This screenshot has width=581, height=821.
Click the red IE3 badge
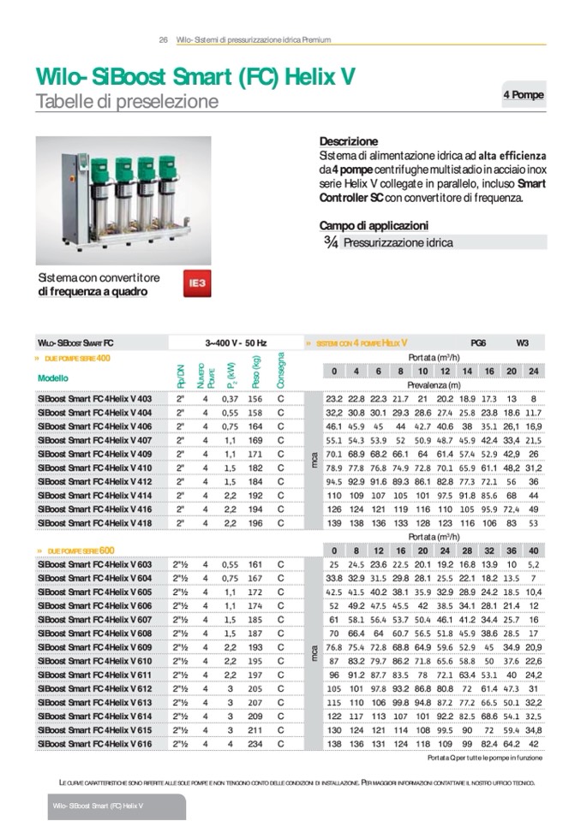[x=197, y=282]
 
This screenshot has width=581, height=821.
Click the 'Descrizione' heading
[x=348, y=140]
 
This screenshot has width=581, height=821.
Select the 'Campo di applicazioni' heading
[x=373, y=225]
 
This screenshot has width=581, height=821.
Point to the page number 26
[x=163, y=39]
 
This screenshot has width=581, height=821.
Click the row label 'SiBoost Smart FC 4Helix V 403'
[x=94, y=399]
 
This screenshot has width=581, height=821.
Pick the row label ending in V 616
[x=94, y=745]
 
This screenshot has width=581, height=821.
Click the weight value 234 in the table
[x=255, y=745]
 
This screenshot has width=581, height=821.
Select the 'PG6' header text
[x=478, y=342]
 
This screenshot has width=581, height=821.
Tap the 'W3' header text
[x=522, y=342]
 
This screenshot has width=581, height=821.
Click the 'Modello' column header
[x=53, y=378]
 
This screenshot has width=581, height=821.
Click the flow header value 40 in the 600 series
[x=533, y=550]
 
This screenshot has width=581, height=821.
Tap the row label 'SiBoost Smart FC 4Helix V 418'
[x=94, y=522]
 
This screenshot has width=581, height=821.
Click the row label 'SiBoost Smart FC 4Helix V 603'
[x=94, y=565]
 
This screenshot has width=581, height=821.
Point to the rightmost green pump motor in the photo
[x=165, y=166]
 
